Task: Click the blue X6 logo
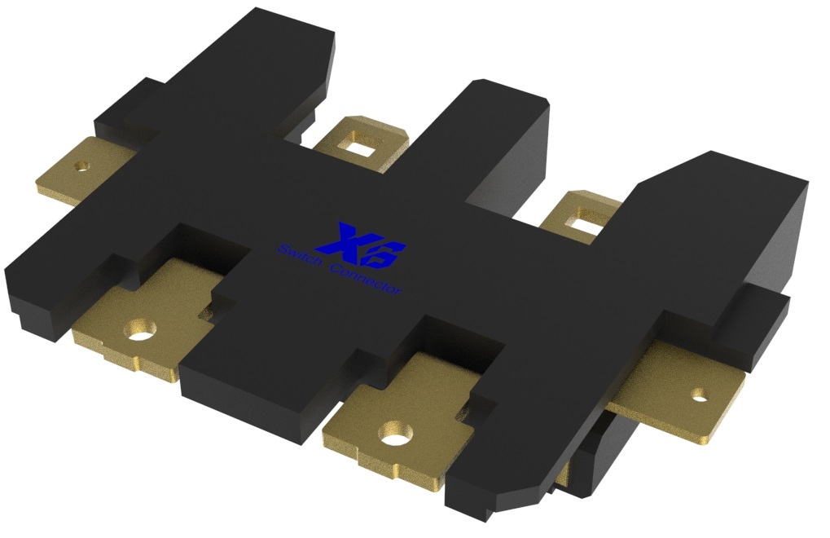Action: click(361, 245)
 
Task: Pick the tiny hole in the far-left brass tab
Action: click(81, 167)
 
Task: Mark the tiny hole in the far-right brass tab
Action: click(700, 394)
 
